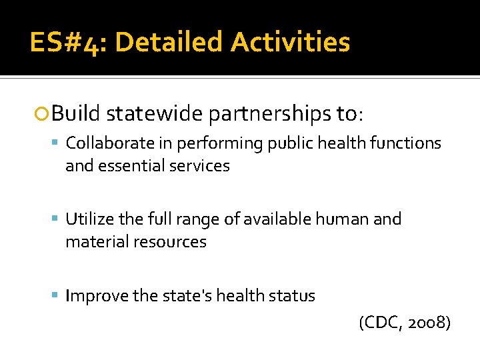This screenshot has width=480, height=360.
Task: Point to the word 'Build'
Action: pyautogui.click(x=76, y=114)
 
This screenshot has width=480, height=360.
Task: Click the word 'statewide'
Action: pyautogui.click(x=154, y=114)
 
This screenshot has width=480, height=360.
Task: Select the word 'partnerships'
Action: pyautogui.click(x=267, y=114)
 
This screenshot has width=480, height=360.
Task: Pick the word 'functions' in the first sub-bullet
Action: pyautogui.click(x=407, y=143)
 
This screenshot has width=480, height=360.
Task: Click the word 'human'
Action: pyautogui.click(x=345, y=219)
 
